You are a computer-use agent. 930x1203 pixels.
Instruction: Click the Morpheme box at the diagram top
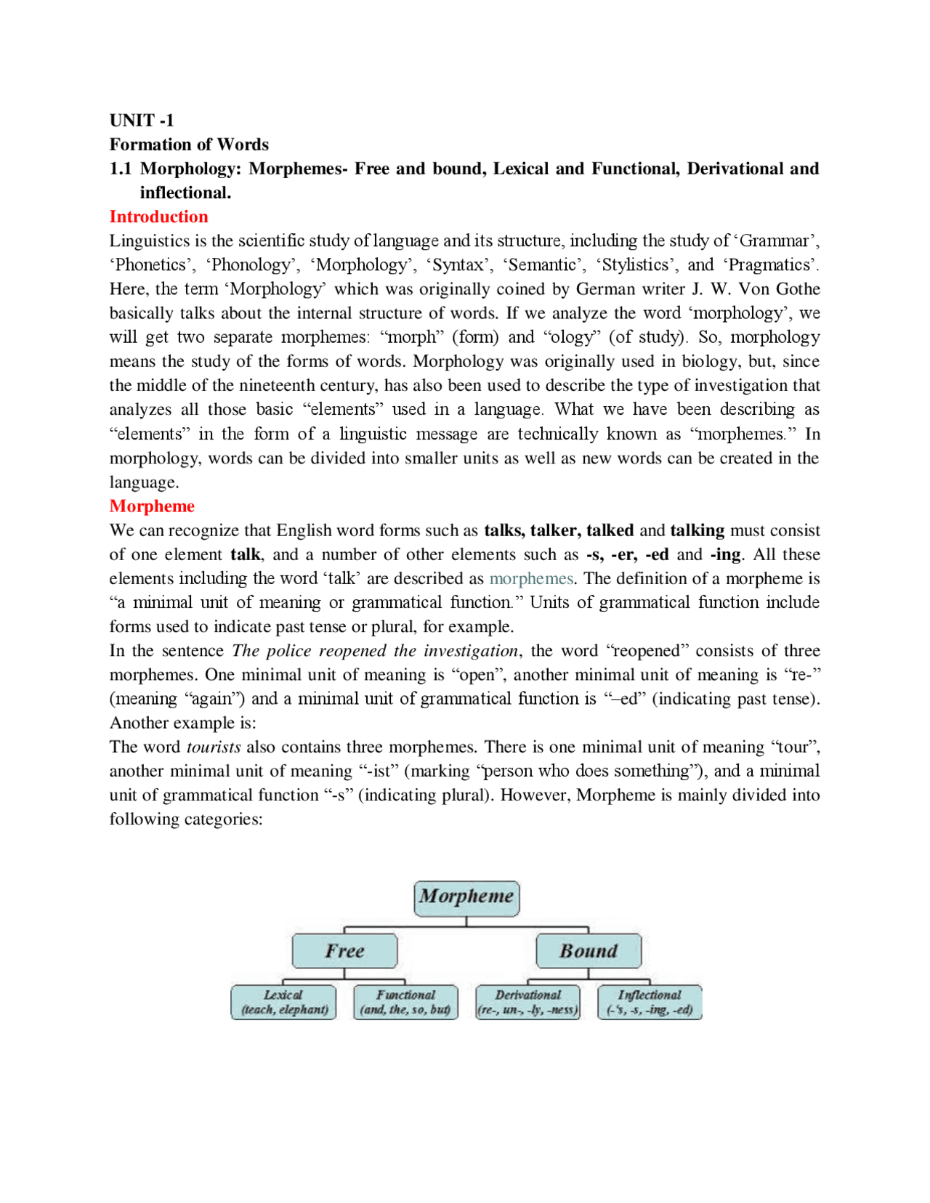click(x=466, y=896)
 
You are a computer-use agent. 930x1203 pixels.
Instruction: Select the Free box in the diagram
click(x=344, y=951)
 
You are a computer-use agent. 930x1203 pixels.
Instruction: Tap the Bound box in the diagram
click(x=589, y=951)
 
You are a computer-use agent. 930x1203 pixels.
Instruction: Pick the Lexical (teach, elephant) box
click(x=284, y=1002)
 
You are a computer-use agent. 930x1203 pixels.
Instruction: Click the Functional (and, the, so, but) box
click(x=405, y=1002)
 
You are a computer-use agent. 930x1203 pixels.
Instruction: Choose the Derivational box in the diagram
click(x=528, y=1002)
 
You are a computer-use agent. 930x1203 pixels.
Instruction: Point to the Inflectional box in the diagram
click(x=650, y=1002)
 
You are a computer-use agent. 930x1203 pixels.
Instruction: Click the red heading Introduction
click(x=158, y=216)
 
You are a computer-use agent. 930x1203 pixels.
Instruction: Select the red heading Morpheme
click(x=152, y=506)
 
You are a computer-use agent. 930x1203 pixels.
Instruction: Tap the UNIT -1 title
click(x=142, y=120)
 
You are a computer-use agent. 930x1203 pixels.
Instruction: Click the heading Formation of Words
click(x=189, y=144)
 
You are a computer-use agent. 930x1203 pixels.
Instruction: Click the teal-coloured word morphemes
click(x=531, y=578)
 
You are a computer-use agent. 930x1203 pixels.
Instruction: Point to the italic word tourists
click(x=214, y=747)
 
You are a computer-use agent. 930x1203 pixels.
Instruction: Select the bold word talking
click(x=697, y=530)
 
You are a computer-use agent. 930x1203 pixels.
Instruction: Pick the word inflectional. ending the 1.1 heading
click(x=185, y=193)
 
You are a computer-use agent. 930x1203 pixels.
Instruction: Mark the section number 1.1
click(x=121, y=169)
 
